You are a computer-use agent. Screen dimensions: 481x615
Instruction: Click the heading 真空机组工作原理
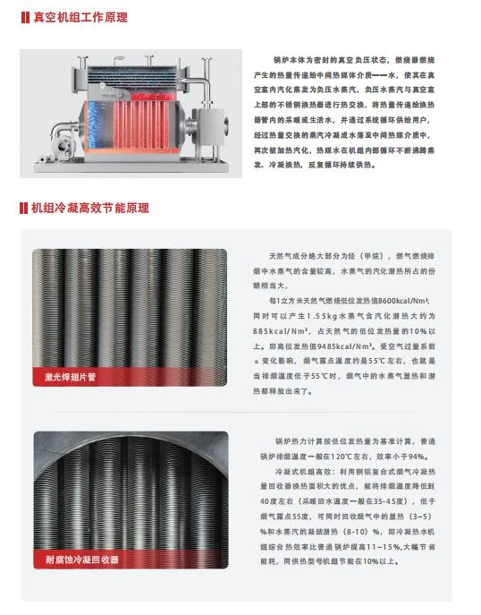80,18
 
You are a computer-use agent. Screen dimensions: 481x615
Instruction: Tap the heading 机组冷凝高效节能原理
90,208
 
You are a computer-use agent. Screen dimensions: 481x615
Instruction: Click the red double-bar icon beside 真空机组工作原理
25,18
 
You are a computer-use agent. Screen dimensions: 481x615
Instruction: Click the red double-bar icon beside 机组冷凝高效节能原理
23,208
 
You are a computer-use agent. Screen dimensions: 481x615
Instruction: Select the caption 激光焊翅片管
70,377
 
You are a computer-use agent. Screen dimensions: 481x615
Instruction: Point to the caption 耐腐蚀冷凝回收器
82,559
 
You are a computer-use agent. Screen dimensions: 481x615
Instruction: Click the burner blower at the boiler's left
63,141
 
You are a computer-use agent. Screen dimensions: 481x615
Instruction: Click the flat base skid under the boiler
131,166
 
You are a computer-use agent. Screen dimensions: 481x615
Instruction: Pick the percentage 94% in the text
418,457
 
